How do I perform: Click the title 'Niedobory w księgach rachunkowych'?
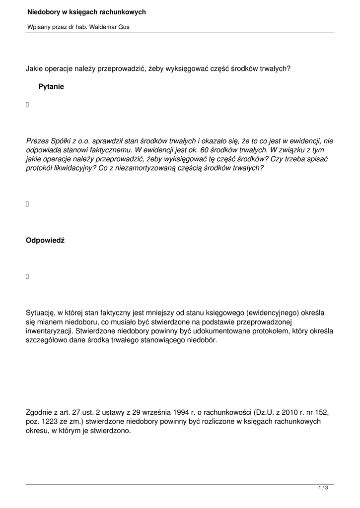point(86,12)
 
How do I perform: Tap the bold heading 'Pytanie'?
point(51,87)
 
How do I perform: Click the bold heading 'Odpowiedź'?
point(45,241)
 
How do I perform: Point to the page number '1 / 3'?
point(323,489)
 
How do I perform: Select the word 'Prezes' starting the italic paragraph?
point(37,141)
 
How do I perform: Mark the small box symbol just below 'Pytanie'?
point(28,105)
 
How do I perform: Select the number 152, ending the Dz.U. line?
point(322,412)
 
